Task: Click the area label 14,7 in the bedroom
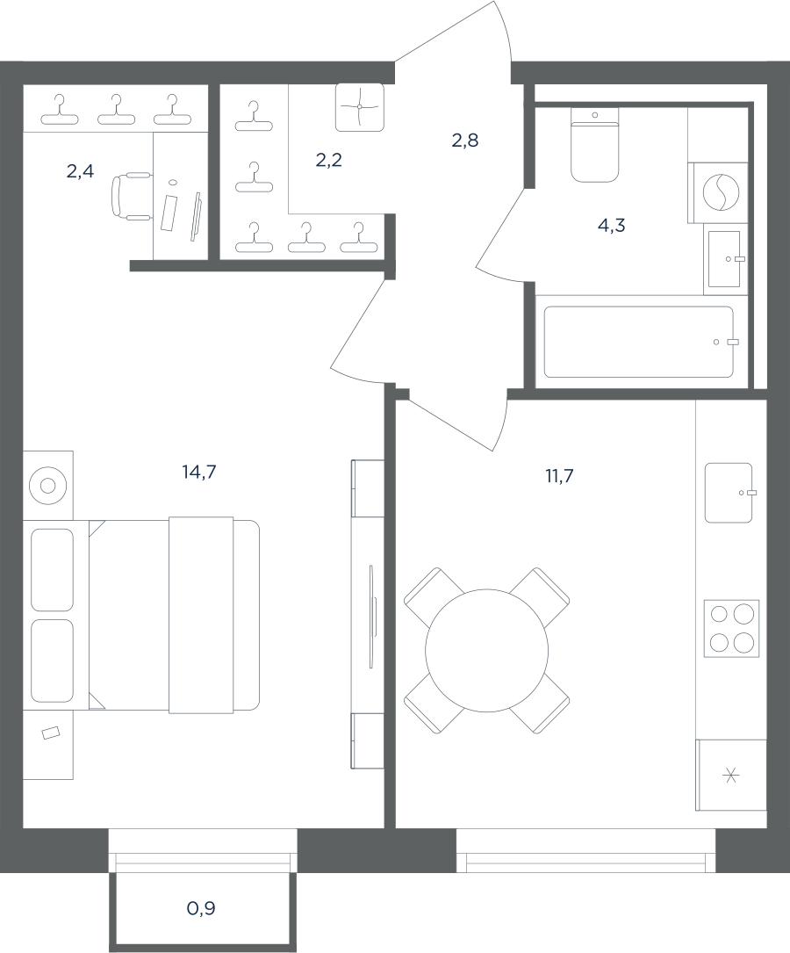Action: pyautogui.click(x=199, y=472)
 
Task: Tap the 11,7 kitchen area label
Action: pyautogui.click(x=559, y=476)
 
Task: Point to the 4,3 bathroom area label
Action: pyautogui.click(x=612, y=226)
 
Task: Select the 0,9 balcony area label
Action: pyautogui.click(x=201, y=908)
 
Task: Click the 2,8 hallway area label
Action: pyautogui.click(x=465, y=141)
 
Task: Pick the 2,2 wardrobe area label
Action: pyautogui.click(x=328, y=160)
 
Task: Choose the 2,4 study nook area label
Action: pyautogui.click(x=80, y=171)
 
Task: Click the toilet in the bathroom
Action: pyautogui.click(x=594, y=145)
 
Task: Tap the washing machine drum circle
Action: pyautogui.click(x=722, y=192)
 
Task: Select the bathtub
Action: pyautogui.click(x=639, y=342)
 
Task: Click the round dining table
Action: pyautogui.click(x=487, y=650)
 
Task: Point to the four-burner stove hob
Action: pyautogui.click(x=732, y=628)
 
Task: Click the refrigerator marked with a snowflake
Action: pyautogui.click(x=731, y=775)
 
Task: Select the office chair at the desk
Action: pyautogui.click(x=131, y=196)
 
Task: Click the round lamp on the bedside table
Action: pyautogui.click(x=48, y=485)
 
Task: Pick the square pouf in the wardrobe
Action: pyautogui.click(x=360, y=107)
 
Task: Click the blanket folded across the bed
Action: pyautogui.click(x=201, y=615)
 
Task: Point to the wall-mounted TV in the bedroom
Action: pyautogui.click(x=371, y=616)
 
